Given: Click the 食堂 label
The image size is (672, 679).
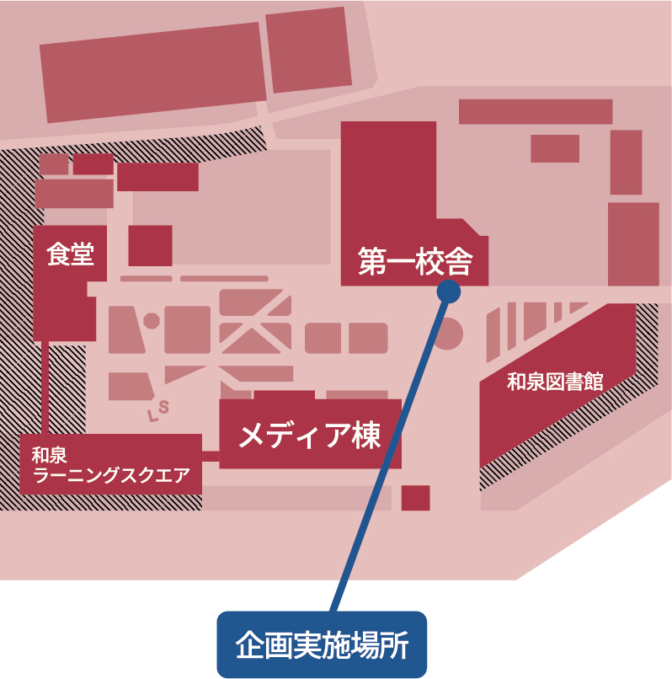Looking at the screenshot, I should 70,255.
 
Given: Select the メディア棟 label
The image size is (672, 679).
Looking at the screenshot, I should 311,436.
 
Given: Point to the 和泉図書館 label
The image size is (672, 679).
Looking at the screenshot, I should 555,381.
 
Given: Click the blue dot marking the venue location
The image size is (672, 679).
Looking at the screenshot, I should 449,291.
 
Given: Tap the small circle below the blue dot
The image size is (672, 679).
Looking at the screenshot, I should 448,334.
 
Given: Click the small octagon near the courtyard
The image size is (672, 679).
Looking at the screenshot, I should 152,321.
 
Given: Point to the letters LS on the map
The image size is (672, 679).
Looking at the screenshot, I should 159,410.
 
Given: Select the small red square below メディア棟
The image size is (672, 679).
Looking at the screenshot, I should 415,498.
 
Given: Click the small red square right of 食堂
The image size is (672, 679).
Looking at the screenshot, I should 150,245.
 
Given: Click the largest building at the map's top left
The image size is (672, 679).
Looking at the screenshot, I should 152,72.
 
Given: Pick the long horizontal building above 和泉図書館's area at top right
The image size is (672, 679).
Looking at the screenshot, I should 535,111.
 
